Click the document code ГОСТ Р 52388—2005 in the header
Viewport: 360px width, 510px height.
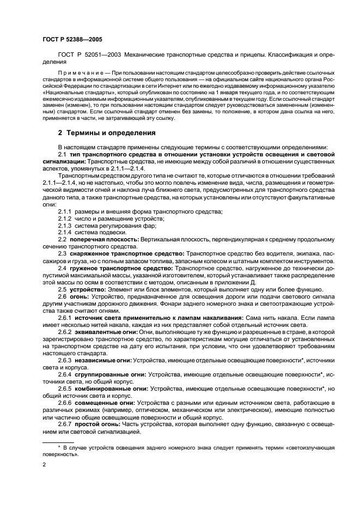click(x=72, y=40)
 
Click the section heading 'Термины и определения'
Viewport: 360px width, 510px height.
click(x=103, y=133)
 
